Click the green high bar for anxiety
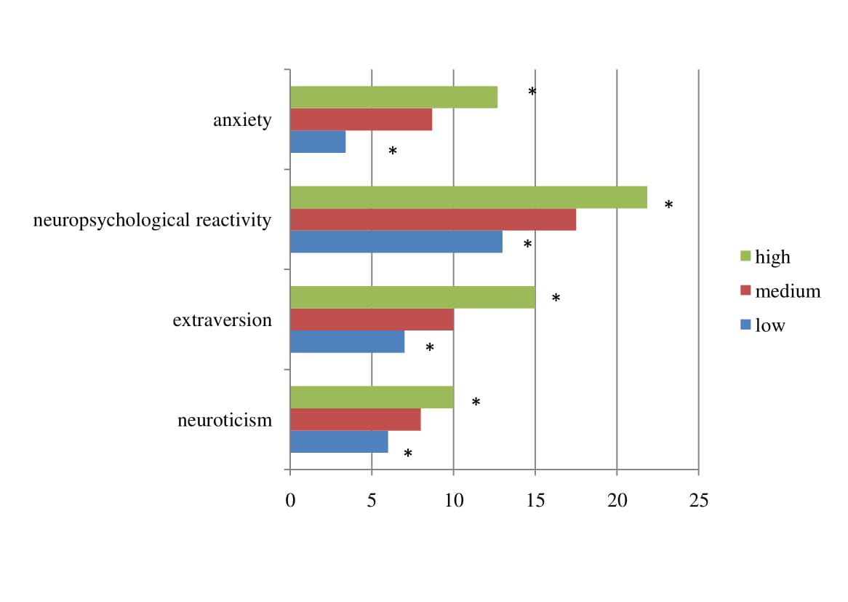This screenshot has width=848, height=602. point(393,98)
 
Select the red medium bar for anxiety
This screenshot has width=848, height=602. point(361,119)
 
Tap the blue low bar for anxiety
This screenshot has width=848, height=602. point(318,142)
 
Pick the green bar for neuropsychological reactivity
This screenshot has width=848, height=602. point(468,197)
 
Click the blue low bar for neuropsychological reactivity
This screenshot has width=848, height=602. point(396,242)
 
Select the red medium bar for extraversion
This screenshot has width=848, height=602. point(372,320)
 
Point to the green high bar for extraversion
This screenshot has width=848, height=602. point(412,297)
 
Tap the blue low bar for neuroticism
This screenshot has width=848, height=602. point(339,442)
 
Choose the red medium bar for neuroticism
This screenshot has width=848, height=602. point(355,420)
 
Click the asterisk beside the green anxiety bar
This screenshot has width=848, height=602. point(532,92)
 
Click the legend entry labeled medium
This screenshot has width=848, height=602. point(788,291)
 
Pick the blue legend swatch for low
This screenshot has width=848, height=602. point(745,325)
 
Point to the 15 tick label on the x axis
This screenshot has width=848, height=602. point(535,501)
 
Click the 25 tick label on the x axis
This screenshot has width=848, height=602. point(698,501)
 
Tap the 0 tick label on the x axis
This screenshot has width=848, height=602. point(290,501)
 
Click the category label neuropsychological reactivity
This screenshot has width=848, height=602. point(152,220)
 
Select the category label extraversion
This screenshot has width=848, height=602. point(222,320)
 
